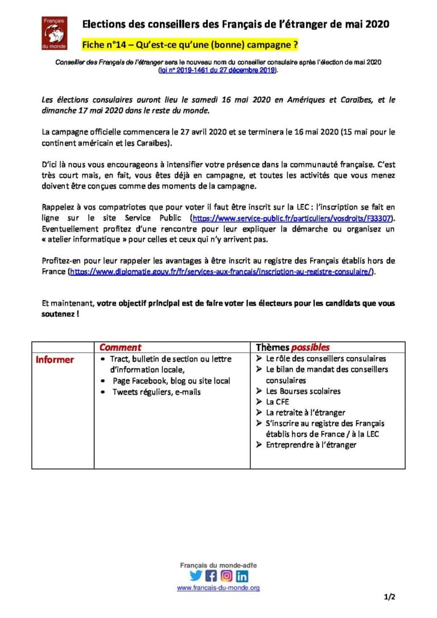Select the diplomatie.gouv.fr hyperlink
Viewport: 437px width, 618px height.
coord(221,272)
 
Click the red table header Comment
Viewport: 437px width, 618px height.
coord(120,347)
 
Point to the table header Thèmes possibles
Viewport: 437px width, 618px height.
coord(292,347)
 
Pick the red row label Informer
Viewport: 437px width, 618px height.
coord(55,359)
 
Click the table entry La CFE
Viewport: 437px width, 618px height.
coord(277,402)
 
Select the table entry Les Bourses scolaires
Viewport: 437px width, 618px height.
coord(303,391)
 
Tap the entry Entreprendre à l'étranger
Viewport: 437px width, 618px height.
coord(311,445)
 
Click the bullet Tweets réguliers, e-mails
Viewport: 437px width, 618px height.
coord(156,392)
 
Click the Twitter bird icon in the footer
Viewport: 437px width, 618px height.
coord(196,575)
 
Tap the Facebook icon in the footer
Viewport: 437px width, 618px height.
coord(211,575)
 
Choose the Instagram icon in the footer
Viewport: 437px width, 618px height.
coord(226,575)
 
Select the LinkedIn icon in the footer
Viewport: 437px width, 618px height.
coord(242,575)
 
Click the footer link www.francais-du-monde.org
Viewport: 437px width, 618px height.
coord(218,588)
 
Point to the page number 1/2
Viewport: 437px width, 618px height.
coord(390,597)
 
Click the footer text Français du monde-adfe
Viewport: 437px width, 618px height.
coord(218,565)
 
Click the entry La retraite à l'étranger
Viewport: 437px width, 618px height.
coord(305,413)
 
